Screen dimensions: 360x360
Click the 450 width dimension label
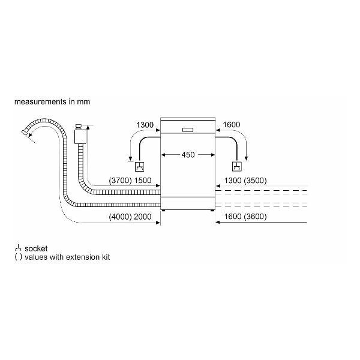point(188,155)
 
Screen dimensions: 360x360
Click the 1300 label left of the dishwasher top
point(145,125)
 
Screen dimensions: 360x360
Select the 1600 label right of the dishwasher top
point(232,125)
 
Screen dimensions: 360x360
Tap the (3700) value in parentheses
point(121,181)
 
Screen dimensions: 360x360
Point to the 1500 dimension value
point(143,181)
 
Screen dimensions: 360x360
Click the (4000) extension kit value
point(121,217)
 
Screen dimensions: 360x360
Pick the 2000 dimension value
point(143,217)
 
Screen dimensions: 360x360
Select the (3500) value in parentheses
point(255,181)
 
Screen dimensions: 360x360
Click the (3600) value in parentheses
point(255,217)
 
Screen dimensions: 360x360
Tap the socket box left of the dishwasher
point(140,166)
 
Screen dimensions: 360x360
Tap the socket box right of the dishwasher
point(237,166)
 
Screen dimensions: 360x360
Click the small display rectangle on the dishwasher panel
point(188,130)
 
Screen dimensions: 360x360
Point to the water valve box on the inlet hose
point(80,137)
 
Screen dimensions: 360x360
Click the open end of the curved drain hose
point(24,132)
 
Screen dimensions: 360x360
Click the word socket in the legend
point(36,248)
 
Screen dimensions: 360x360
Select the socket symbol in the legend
point(18,248)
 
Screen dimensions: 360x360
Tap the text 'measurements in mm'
point(52,102)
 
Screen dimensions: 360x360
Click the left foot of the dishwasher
point(163,210)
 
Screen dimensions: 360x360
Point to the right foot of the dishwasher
point(212,210)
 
